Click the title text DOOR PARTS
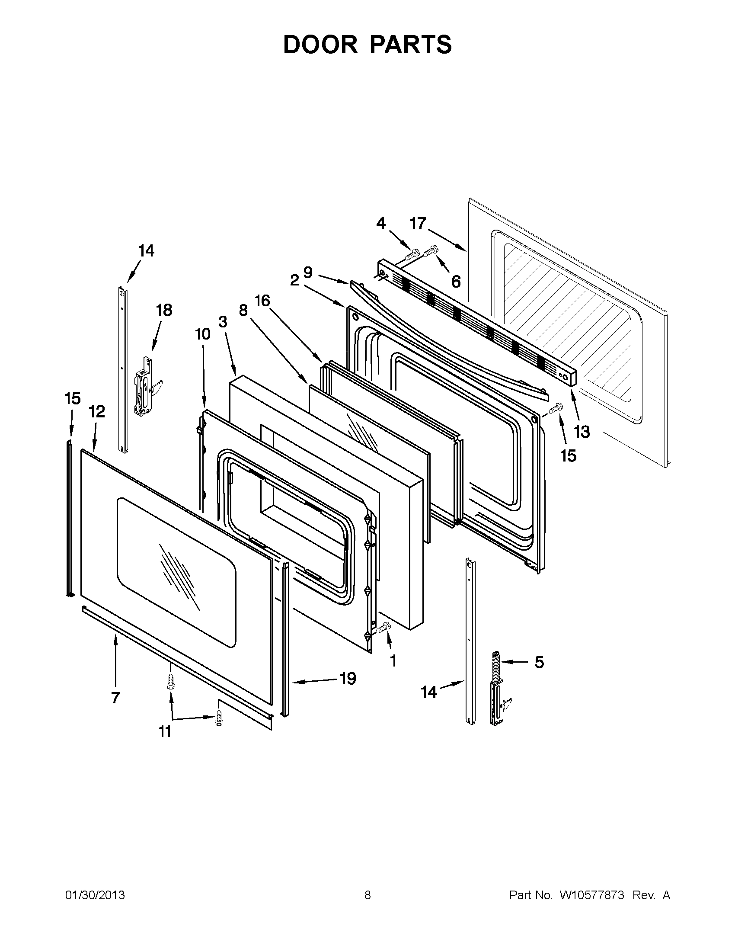point(367,45)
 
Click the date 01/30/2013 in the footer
point(95,895)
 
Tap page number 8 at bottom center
point(367,895)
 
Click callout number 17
point(417,224)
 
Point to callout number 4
point(381,223)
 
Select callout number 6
point(456,282)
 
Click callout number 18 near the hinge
point(164,311)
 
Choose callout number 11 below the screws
point(165,732)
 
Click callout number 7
point(115,698)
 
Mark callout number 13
point(582,432)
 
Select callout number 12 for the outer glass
point(97,411)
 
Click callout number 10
point(203,334)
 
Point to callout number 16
point(262,301)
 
